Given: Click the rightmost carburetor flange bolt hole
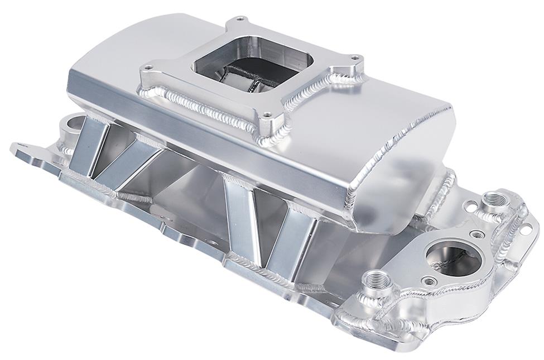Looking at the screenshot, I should coord(354,57).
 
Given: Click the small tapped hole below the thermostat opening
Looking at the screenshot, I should coord(429,280).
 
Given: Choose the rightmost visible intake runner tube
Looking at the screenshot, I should coord(290,240).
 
